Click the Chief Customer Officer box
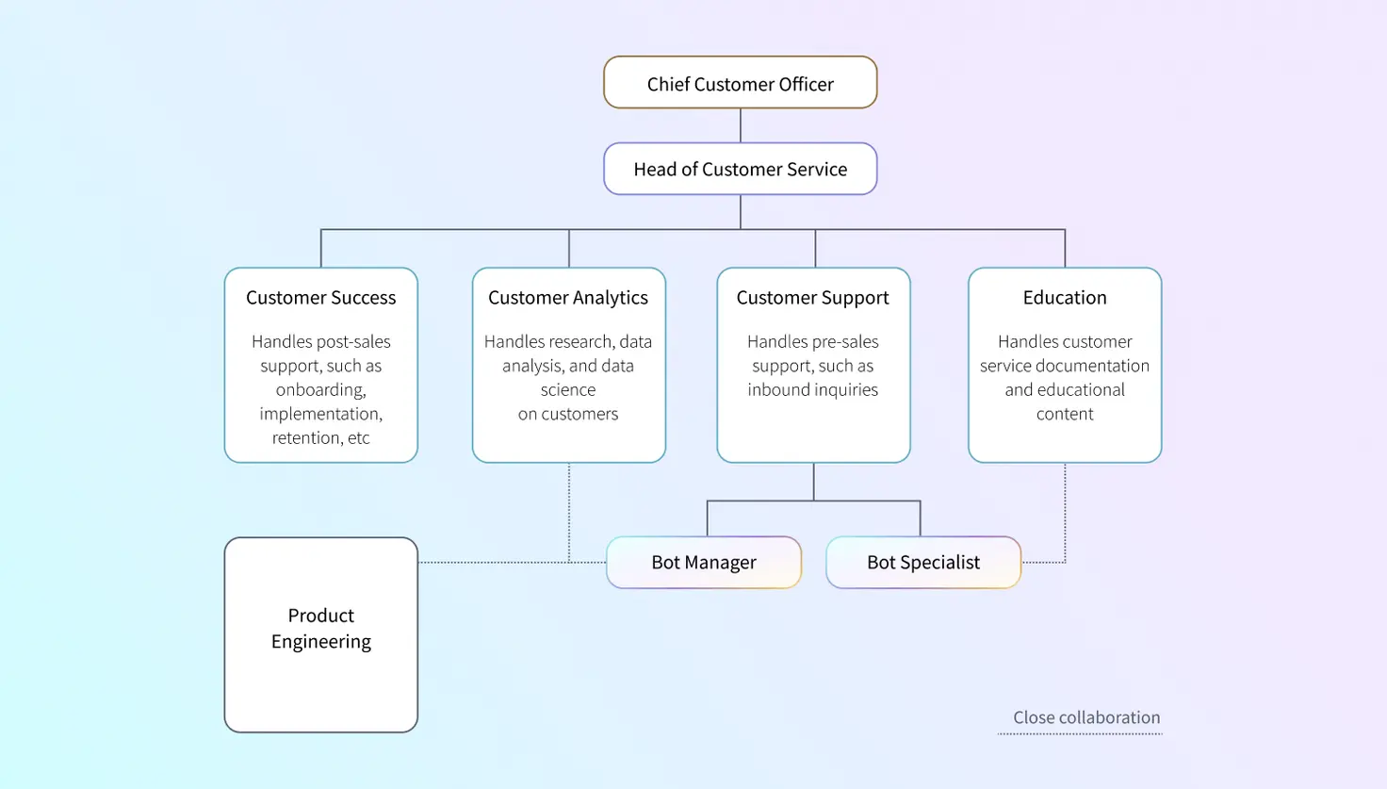(740, 83)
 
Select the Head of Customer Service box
(740, 169)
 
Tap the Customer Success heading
(320, 298)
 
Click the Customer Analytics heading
(568, 298)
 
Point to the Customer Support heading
(812, 298)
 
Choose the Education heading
(1065, 298)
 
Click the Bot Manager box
(704, 563)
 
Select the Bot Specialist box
(923, 563)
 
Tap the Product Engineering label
(320, 629)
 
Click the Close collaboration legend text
(1086, 717)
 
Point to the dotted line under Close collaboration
(1080, 733)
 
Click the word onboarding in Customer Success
(320, 389)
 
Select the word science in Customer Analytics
(568, 389)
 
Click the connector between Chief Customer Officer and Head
(741, 125)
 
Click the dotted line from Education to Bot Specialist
(1065, 514)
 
